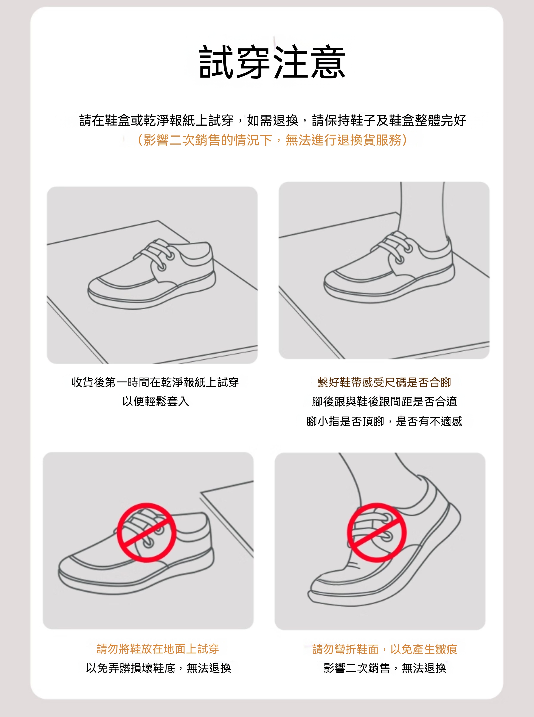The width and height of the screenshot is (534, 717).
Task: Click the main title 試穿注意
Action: coord(272,62)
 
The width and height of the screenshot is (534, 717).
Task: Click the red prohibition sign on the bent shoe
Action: coord(377,532)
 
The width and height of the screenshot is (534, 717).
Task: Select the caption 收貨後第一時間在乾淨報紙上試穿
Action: coord(155,382)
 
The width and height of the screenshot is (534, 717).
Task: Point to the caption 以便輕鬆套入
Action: coord(155,401)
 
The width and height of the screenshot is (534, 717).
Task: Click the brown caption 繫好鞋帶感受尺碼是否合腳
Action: coord(384,382)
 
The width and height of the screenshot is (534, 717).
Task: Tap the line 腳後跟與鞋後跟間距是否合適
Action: coord(384,402)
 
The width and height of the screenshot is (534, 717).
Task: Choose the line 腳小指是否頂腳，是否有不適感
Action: coord(384,421)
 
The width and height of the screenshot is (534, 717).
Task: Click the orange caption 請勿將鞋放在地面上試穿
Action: coord(158,649)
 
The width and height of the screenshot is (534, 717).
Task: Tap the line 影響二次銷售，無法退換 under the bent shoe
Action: coord(385,668)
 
